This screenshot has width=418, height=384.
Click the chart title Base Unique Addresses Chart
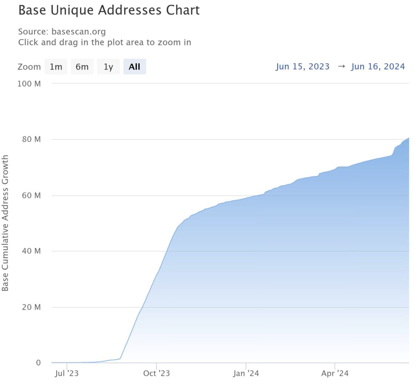[109, 10]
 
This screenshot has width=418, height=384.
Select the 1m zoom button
[56, 67]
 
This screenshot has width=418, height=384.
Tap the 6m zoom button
[82, 67]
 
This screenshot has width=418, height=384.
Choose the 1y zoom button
[108, 67]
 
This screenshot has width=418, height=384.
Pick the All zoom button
[134, 67]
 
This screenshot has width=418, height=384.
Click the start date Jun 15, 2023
[303, 67]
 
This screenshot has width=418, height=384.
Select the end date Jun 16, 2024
[378, 67]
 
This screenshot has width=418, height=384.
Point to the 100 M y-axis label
[29, 84]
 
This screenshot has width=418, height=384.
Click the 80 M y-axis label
[31, 139]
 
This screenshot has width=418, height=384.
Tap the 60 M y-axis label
[31, 196]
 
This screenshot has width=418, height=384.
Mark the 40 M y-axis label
[31, 251]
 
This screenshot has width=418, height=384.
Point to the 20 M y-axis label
[31, 307]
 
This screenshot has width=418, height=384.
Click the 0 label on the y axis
[38, 363]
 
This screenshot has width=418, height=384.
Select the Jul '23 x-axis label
[66, 373]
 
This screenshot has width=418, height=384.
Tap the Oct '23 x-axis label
[156, 373]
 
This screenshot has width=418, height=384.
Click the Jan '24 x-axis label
[246, 373]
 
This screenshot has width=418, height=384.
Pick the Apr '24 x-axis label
[335, 373]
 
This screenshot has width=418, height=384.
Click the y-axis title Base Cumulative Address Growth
[5, 223]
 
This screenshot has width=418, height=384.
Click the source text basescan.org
[78, 32]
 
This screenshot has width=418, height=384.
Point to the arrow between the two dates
[341, 67]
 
